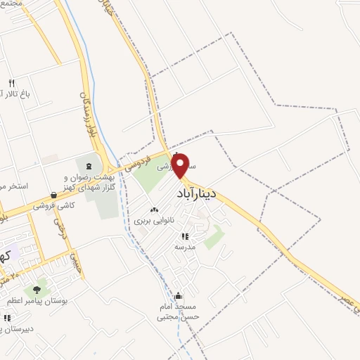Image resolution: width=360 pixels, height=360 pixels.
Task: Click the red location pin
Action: [181, 165]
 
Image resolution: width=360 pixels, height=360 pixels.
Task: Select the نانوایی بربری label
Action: [155, 221]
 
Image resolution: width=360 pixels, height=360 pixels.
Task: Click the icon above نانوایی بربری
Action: [155, 210]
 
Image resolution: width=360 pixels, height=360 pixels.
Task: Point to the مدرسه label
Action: [186, 247]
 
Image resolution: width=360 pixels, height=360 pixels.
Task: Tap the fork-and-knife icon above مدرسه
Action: [186, 237]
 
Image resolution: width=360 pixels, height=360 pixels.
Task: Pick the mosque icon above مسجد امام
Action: [179, 296]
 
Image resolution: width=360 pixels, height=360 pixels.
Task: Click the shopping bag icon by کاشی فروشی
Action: [53, 196]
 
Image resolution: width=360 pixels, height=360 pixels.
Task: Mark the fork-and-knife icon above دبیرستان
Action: [6, 318]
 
